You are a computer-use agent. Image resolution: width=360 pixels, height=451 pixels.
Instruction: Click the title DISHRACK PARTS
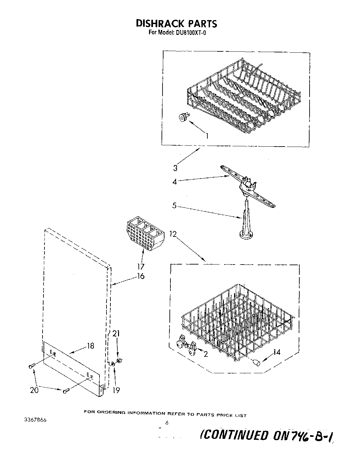coord(176,23)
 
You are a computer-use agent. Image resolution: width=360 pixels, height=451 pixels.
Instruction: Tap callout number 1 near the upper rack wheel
coord(207,135)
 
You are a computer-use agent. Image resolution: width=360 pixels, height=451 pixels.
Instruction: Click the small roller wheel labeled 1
coord(182,117)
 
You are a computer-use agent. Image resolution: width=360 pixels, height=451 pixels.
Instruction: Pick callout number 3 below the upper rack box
coord(175,168)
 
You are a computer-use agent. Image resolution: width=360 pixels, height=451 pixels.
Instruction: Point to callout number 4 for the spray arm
coord(175,182)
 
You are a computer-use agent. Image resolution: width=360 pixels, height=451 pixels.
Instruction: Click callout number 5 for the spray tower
coord(175,206)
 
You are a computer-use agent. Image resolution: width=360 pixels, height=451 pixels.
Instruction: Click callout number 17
coord(141,267)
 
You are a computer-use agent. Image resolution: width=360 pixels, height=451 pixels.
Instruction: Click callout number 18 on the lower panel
coord(90,346)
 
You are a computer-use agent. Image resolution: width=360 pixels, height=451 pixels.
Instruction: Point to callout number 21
coord(116,334)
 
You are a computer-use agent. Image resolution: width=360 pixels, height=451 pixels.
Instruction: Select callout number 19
coord(116,390)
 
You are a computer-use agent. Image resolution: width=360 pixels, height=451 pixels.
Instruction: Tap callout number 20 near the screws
coord(34,390)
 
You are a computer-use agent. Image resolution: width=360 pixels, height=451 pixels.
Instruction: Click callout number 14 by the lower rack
coord(277,352)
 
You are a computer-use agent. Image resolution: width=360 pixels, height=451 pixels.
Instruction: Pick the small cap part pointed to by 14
coord(256,362)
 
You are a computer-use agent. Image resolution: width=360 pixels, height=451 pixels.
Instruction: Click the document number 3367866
coord(35,420)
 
